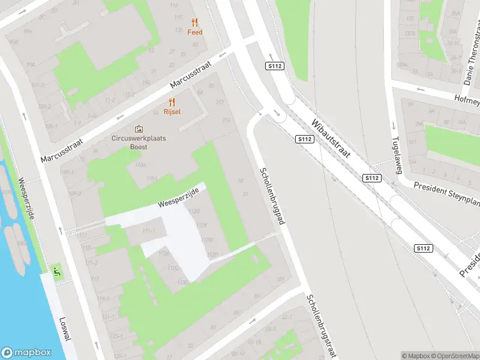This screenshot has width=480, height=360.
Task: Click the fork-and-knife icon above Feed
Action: tap(194, 22)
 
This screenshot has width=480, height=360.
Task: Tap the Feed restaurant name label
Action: tap(194, 32)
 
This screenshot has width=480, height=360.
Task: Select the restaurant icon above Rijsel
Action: tap(172, 101)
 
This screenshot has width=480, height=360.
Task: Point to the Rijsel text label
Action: tap(172, 112)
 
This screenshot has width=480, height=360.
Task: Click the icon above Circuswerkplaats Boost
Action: tap(139, 128)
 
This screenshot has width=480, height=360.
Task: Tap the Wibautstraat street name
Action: tap(335, 142)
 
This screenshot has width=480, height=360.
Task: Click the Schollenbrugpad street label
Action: tap(271, 196)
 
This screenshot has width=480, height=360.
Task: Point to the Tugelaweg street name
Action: tap(395, 154)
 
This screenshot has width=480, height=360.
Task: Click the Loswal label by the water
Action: tap(65, 329)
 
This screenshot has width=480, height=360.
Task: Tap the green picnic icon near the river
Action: tap(57, 272)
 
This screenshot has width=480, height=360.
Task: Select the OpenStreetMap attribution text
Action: tap(454, 356)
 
